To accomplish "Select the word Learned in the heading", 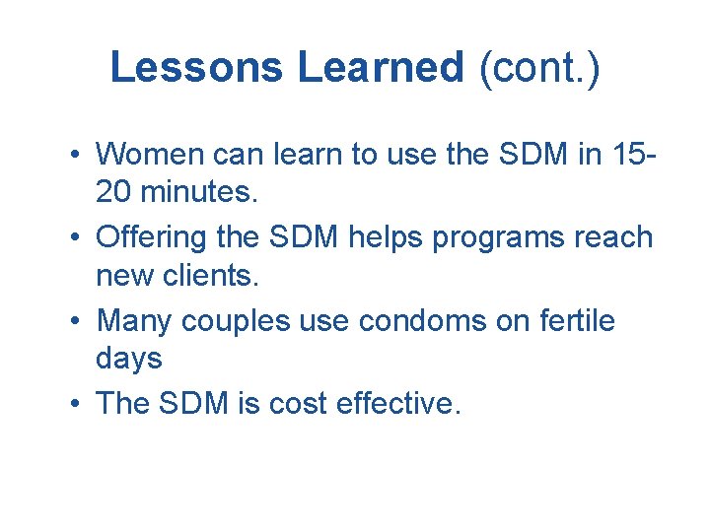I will click(x=380, y=68).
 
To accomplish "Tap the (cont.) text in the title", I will click(x=538, y=68).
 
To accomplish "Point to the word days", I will click(x=129, y=360).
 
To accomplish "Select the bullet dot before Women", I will click(x=75, y=156).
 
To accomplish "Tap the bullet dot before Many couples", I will click(x=75, y=322).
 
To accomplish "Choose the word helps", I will click(x=365, y=237).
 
